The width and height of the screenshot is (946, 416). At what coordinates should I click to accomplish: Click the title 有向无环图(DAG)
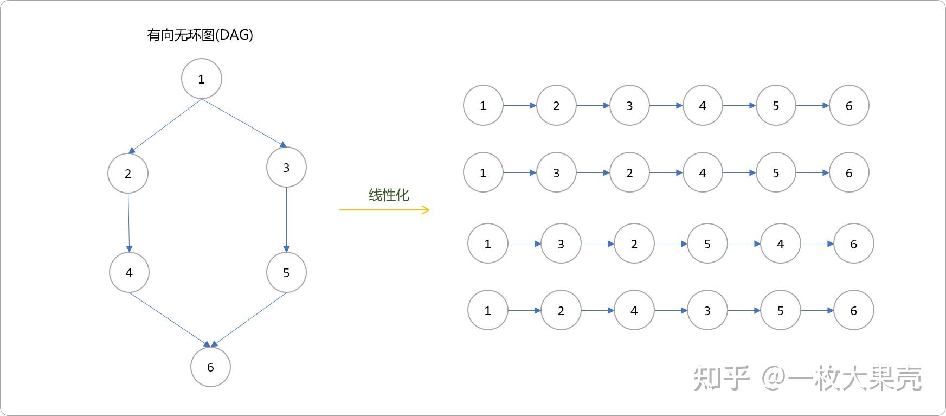coord(200,35)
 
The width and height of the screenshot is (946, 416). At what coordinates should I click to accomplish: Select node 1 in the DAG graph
coord(201,79)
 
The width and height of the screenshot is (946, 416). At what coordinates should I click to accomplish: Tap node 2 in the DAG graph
coord(128,174)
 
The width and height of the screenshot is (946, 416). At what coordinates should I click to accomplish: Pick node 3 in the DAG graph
coord(286,167)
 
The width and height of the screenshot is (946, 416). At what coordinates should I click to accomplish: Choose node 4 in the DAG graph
coord(129,272)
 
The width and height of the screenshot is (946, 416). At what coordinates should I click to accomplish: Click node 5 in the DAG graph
coord(286,272)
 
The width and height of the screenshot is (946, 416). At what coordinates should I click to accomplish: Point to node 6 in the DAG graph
coord(210,367)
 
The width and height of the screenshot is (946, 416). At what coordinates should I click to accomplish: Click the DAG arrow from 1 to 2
coord(165,126)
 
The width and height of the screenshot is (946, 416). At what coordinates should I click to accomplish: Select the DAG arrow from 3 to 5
coord(286,219)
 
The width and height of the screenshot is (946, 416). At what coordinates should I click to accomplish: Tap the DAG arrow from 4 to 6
coord(169,319)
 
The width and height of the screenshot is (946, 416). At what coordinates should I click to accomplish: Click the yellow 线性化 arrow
coord(384,210)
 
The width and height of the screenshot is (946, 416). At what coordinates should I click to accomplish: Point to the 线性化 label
coord(388,195)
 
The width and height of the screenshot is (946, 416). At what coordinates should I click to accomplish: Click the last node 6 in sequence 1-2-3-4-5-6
coord(849,106)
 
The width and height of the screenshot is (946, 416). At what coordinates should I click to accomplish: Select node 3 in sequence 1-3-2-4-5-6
coord(556,173)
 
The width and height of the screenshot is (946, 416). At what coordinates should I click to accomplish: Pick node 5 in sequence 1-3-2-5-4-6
coord(707,244)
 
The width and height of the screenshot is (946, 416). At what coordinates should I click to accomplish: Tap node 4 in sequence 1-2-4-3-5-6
coord(634,311)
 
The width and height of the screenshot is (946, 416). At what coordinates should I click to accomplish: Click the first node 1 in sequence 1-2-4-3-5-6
coord(487,311)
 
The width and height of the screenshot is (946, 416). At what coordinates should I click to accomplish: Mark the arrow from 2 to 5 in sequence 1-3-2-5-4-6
coord(671,244)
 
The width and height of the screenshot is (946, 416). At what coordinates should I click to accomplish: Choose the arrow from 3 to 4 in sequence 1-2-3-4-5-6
coord(666,106)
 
